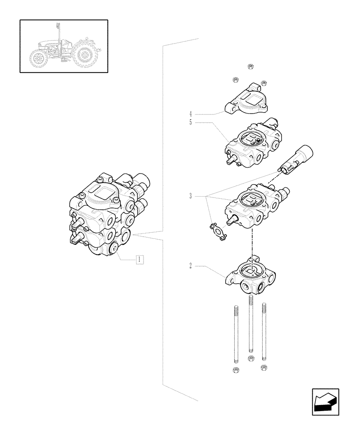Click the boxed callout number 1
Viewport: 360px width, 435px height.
pos(139,260)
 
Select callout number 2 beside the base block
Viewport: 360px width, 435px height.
pos(191,264)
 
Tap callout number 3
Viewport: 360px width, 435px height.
pos(191,197)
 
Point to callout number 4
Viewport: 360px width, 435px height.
pos(191,114)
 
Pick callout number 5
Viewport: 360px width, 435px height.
pos(191,123)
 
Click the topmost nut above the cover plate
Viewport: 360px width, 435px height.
pos(250,66)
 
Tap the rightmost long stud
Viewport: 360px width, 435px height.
pos(263,333)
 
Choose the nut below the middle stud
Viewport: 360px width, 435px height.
pos(250,358)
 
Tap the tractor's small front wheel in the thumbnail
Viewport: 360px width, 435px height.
pos(38,58)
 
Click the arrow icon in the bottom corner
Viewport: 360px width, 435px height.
pos(325,402)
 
